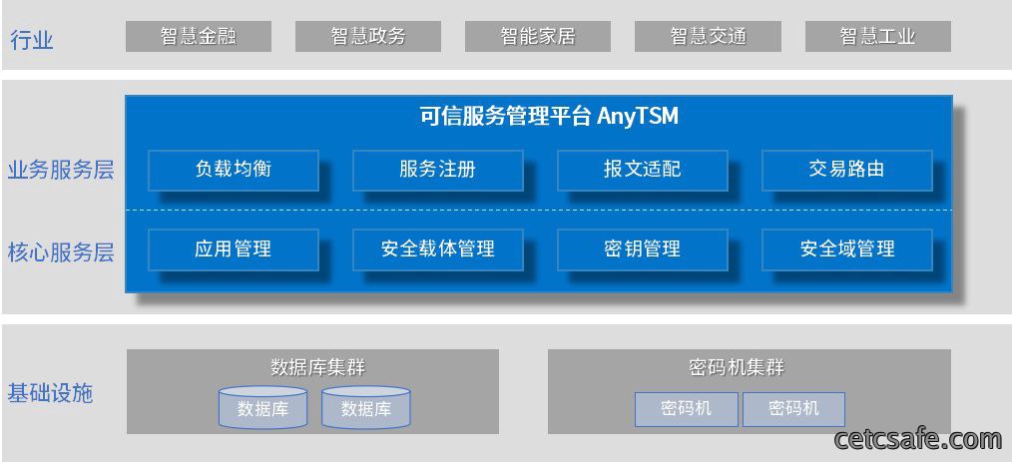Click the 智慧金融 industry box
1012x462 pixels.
(x=199, y=36)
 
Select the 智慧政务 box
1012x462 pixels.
(x=368, y=36)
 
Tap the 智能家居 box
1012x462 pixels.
(x=538, y=36)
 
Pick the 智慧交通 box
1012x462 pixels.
(x=708, y=36)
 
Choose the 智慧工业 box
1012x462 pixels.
(x=877, y=36)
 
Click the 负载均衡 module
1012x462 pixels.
(x=234, y=171)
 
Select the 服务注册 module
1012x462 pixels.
(x=437, y=171)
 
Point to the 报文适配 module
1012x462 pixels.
(x=642, y=171)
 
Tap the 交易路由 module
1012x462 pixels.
(x=846, y=171)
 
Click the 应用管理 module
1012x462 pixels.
(x=234, y=249)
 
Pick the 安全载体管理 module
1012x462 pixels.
(x=437, y=249)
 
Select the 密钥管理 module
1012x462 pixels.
(x=642, y=249)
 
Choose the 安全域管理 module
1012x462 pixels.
(x=846, y=249)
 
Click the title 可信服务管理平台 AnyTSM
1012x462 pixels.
(x=549, y=117)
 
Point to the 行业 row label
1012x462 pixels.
(x=32, y=40)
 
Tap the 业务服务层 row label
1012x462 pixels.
(x=61, y=170)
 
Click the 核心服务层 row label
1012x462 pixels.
(x=61, y=251)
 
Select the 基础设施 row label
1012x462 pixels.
(x=50, y=393)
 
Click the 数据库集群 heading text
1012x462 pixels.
(x=317, y=368)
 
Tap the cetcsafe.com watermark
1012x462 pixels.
(x=918, y=439)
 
